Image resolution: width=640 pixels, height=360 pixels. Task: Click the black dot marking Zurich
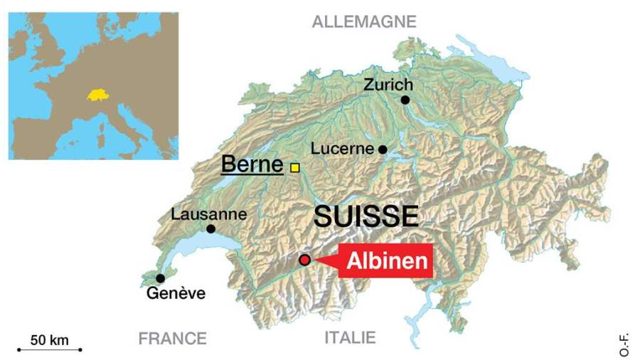click(x=405, y=100)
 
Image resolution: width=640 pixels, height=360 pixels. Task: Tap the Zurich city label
click(x=388, y=84)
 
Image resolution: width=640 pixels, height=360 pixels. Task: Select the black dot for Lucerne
click(x=383, y=149)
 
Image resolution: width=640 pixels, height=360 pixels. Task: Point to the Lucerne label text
click(x=342, y=149)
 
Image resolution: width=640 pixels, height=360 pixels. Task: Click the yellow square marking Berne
click(x=294, y=168)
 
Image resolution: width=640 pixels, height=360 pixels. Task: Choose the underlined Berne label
click(x=252, y=164)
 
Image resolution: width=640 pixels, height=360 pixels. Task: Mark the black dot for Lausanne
click(x=210, y=228)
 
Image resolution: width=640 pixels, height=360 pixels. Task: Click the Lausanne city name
click(x=209, y=213)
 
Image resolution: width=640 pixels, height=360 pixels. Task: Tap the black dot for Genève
click(x=161, y=278)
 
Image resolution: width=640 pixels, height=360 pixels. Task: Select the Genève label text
click(x=176, y=293)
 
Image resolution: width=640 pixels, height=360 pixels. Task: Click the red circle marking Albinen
click(x=305, y=260)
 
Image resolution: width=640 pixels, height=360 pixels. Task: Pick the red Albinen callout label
click(x=387, y=261)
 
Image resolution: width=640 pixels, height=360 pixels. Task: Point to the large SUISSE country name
click(x=366, y=216)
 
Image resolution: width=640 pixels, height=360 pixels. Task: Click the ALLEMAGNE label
click(x=363, y=22)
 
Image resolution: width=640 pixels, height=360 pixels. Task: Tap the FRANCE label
click(x=172, y=338)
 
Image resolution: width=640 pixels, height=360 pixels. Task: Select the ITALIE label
click(x=350, y=338)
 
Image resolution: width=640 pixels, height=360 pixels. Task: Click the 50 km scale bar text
click(x=50, y=340)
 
